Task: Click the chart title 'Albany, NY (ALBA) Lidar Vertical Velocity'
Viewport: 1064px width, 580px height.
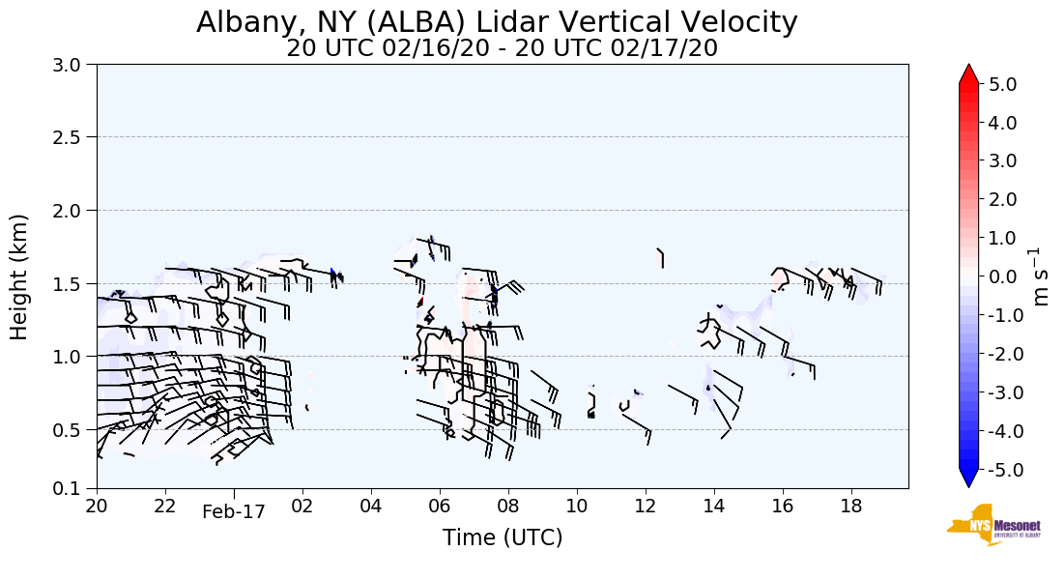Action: click(x=497, y=22)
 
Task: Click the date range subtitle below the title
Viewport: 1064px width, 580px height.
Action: click(x=502, y=48)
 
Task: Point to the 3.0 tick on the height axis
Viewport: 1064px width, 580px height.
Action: click(x=72, y=64)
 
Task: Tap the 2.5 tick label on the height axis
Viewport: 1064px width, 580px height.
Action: click(x=72, y=137)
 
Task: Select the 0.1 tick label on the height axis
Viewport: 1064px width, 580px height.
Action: click(x=72, y=488)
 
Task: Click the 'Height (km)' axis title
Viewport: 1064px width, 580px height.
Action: click(x=20, y=276)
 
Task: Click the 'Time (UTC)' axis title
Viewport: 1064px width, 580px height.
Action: click(x=502, y=537)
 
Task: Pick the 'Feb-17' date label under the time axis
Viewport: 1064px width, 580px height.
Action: click(x=233, y=512)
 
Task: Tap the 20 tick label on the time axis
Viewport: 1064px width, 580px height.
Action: click(x=97, y=506)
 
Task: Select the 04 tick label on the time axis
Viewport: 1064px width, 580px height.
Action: click(x=371, y=506)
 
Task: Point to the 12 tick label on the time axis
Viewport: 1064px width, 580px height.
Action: click(x=646, y=506)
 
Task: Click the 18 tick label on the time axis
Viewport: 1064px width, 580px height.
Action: click(x=851, y=506)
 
